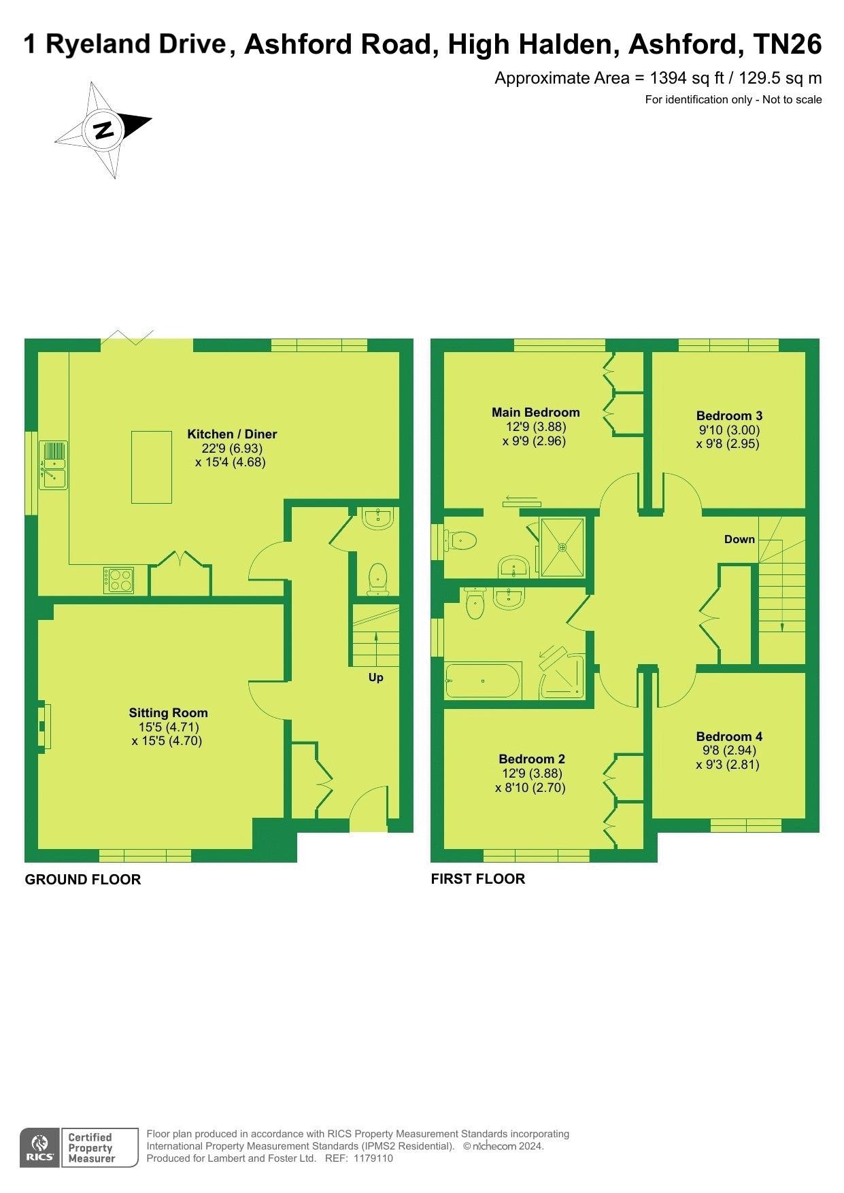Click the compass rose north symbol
coord(104,129)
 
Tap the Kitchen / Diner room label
coord(232,434)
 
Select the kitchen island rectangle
coord(151,467)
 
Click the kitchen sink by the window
coord(53,465)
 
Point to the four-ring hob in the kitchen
coord(118,580)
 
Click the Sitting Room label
coord(168,712)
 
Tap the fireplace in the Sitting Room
coord(44,726)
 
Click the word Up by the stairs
coord(375,677)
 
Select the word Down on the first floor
coord(739,539)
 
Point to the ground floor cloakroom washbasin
coord(377,518)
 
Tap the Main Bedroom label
coord(536,412)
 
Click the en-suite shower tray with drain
coord(562,547)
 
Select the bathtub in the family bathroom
coord(483,680)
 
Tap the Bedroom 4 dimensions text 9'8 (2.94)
coord(729,750)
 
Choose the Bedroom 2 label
coord(532,759)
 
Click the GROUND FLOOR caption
coord(83,879)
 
